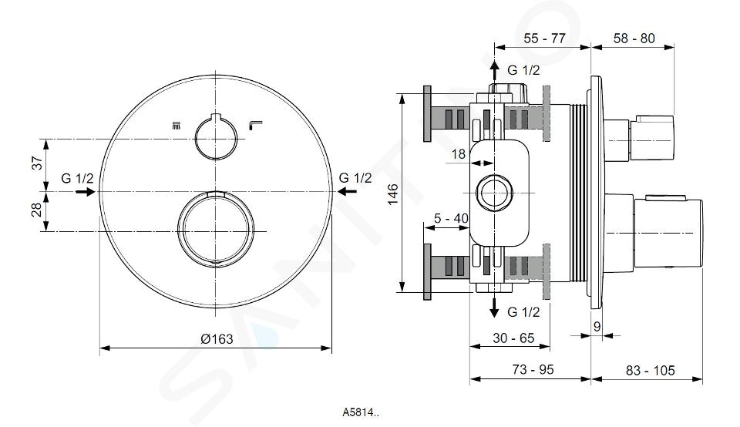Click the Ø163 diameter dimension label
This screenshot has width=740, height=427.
pyautogui.click(x=217, y=339)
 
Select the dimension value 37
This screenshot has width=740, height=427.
pyautogui.click(x=38, y=163)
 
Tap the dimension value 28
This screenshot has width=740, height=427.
pyautogui.click(x=38, y=210)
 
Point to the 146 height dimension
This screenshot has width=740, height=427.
pyautogui.click(x=392, y=194)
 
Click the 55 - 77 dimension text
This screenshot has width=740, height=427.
pyautogui.click(x=544, y=39)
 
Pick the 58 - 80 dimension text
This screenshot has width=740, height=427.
pyautogui.click(x=634, y=39)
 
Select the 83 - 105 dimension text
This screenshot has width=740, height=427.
pyautogui.click(x=651, y=371)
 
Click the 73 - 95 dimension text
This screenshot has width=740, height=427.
pyautogui.click(x=533, y=369)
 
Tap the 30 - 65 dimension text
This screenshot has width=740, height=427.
pyautogui.click(x=513, y=338)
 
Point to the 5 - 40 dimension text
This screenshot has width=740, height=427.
pyautogui.click(x=451, y=218)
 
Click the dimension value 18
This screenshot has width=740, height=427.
pyautogui.click(x=458, y=154)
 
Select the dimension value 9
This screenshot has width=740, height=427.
pyautogui.click(x=597, y=326)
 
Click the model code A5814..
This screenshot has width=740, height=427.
pyautogui.click(x=361, y=412)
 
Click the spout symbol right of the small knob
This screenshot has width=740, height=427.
pyautogui.click(x=255, y=125)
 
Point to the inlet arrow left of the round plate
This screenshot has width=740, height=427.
pyautogui.click(x=86, y=192)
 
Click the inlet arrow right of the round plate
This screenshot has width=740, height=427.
pyautogui.click(x=347, y=192)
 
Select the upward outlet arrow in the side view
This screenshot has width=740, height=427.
pyautogui.click(x=494, y=71)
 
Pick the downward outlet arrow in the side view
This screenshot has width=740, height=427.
pyautogui.click(x=494, y=307)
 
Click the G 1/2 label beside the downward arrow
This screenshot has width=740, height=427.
pyautogui.click(x=523, y=312)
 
